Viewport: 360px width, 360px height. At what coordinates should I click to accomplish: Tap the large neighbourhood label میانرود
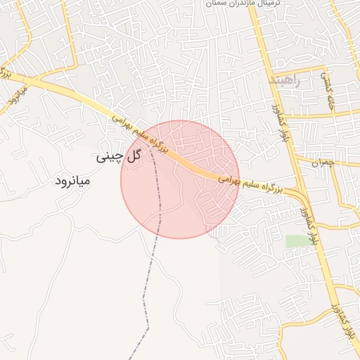pyautogui.click(x=72, y=181)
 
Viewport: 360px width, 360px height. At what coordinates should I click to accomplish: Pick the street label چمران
pyautogui.click(x=342, y=162)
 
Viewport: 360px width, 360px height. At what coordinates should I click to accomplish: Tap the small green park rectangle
pyautogui.click(x=297, y=240)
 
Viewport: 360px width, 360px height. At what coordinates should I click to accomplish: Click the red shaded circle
pyautogui.click(x=180, y=180)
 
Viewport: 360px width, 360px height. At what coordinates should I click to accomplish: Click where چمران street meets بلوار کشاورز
pyautogui.click(x=295, y=159)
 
